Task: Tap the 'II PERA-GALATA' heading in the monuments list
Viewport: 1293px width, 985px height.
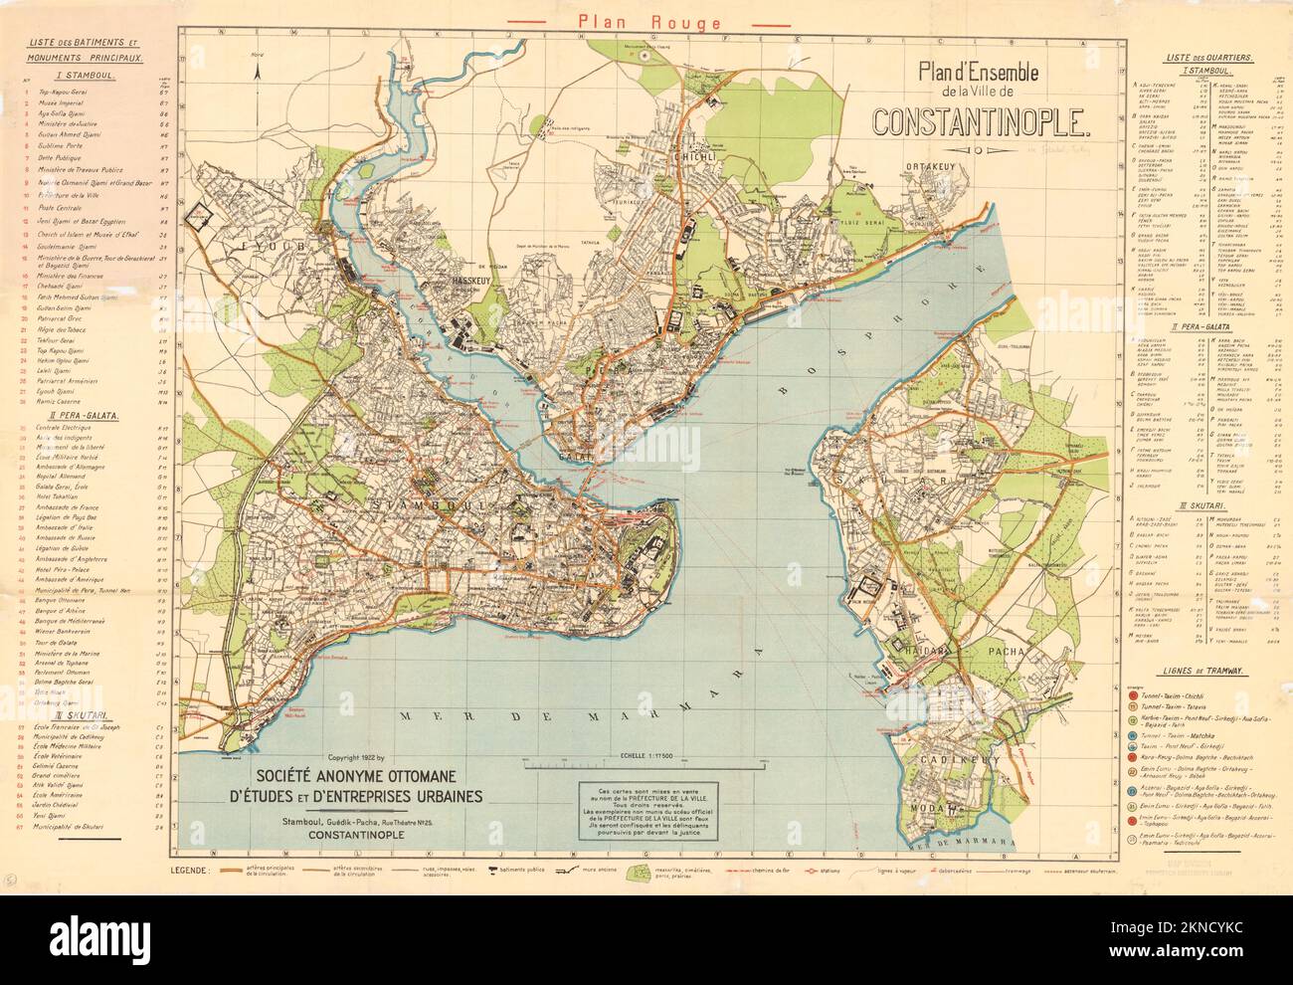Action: coord(66,414)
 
